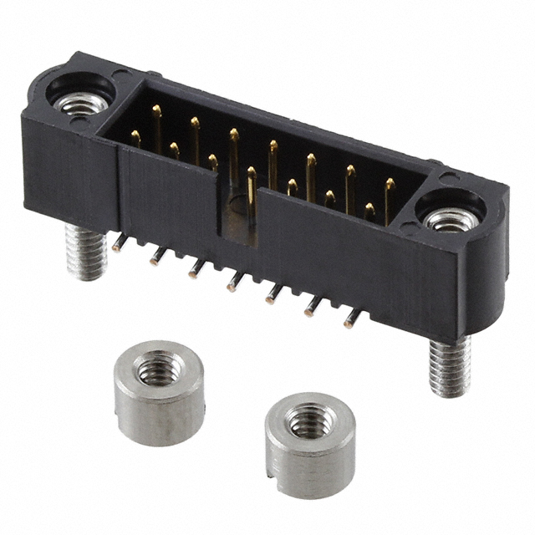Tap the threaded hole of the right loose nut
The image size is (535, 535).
point(308,418)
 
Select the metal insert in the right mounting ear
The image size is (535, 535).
point(448,220)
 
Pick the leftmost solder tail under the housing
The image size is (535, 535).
point(120,243)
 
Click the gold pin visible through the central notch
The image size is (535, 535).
point(250,192)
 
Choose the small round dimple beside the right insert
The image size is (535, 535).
point(448,177)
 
